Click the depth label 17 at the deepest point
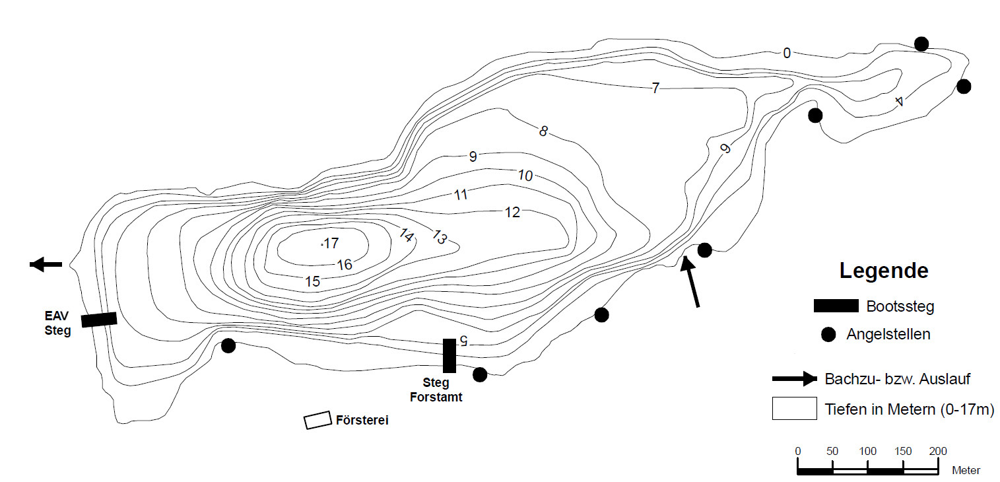[330, 244]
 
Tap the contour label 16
[345, 265]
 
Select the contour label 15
[313, 281]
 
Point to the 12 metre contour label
[512, 213]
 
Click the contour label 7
[655, 88]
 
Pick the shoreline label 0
[786, 53]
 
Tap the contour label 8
[543, 131]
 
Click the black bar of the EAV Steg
[99, 320]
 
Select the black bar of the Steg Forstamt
[450, 355]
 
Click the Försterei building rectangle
[317, 421]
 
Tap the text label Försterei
[362, 421]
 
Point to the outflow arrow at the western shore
[46, 264]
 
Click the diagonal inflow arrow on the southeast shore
[691, 281]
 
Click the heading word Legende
[884, 271]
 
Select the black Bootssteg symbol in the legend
[836, 306]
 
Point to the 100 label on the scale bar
[867, 452]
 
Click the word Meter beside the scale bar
[966, 471]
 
